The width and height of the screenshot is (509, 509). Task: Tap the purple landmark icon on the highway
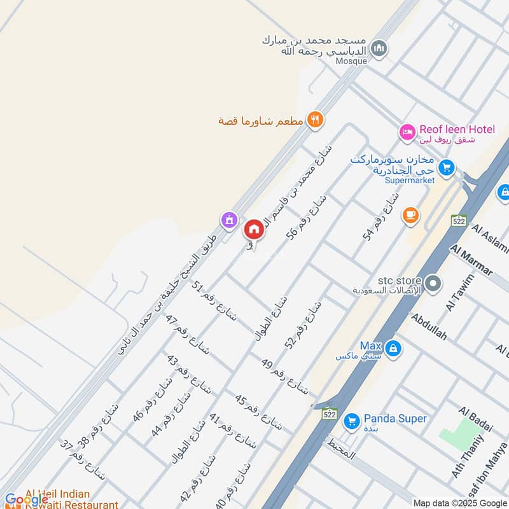click(x=228, y=220)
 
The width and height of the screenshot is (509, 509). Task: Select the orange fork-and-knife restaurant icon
click(x=315, y=119)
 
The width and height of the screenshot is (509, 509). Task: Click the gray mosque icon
click(x=379, y=48)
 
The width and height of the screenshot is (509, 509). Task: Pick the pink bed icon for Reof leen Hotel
click(x=407, y=132)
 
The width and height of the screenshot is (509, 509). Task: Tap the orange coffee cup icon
click(x=410, y=216)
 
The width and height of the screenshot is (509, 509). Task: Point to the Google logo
click(x=25, y=499)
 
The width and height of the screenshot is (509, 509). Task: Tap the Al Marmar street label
click(x=471, y=260)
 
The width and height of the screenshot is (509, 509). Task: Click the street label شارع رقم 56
click(x=300, y=217)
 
